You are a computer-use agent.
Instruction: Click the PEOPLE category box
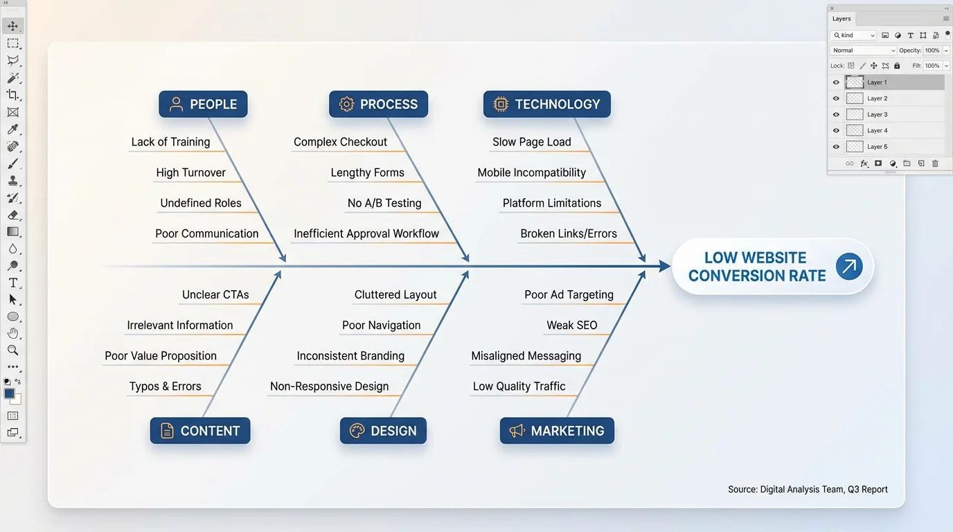(203, 105)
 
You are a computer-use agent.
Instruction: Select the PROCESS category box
(378, 105)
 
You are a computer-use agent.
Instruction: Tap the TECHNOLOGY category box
(546, 105)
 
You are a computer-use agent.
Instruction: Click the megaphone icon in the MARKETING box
(517, 431)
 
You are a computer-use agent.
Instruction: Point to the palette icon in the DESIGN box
(357, 431)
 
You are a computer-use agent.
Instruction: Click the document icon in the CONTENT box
(167, 431)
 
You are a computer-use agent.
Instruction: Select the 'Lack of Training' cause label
(170, 142)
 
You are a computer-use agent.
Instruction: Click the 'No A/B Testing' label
(384, 203)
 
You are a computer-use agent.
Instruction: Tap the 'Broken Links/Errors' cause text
(569, 233)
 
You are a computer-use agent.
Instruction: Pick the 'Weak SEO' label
(571, 325)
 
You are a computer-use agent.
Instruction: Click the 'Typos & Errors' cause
(165, 387)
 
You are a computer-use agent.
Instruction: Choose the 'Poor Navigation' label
(381, 325)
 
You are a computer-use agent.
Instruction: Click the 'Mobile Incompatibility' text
(531, 172)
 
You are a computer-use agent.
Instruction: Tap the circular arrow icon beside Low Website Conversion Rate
(848, 267)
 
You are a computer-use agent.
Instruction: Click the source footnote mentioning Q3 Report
(808, 489)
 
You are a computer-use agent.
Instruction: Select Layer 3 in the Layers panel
(877, 114)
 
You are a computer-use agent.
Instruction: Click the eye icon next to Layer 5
(836, 147)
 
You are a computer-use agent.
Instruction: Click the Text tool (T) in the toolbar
(12, 283)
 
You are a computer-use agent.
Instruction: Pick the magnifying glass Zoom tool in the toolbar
(12, 351)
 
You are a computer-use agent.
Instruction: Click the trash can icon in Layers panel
(935, 163)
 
